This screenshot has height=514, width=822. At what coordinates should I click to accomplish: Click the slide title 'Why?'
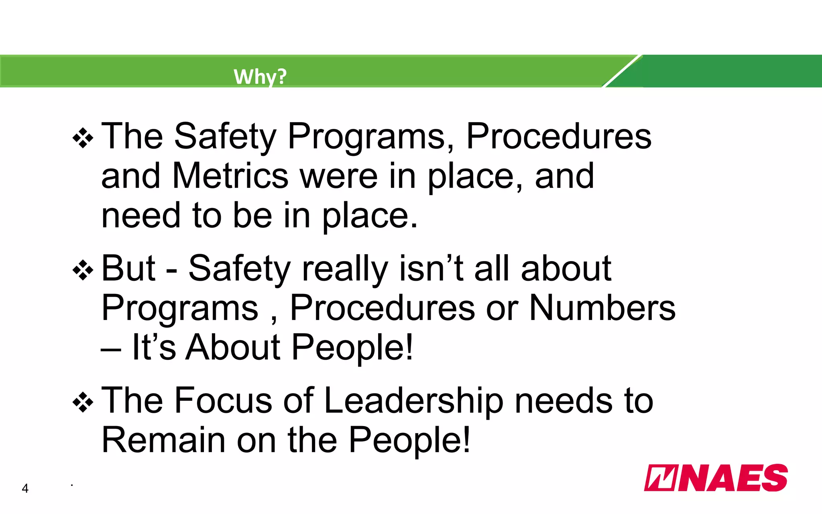coord(260,76)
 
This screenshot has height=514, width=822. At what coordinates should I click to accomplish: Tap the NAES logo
coord(716,478)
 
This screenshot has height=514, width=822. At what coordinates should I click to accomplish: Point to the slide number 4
coord(25,488)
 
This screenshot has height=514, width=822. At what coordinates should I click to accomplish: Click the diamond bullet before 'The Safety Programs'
coord(83,138)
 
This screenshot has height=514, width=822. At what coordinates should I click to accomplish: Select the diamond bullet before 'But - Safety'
coord(83,270)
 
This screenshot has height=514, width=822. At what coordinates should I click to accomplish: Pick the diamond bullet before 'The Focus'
coord(83,402)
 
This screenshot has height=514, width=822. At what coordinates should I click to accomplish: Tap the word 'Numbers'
coord(602,308)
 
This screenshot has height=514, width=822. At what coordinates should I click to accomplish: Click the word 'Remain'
coord(163,440)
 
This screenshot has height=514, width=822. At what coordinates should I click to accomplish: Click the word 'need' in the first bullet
coord(141,216)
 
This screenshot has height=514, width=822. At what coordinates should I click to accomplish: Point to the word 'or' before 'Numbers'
coord(502,309)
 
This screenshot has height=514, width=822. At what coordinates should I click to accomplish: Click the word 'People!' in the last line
coord(409,440)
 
